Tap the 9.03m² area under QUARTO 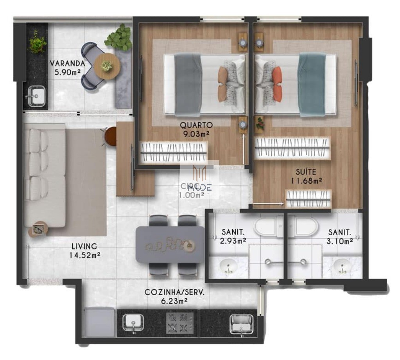[x=196, y=133]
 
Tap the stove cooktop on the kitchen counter [x=180, y=322]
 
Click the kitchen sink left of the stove [x=133, y=323]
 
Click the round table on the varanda [x=106, y=66]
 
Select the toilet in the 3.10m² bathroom [x=305, y=227]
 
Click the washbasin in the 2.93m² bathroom [x=228, y=267]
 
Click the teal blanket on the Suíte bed [x=312, y=84]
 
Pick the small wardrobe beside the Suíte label [x=309, y=199]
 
